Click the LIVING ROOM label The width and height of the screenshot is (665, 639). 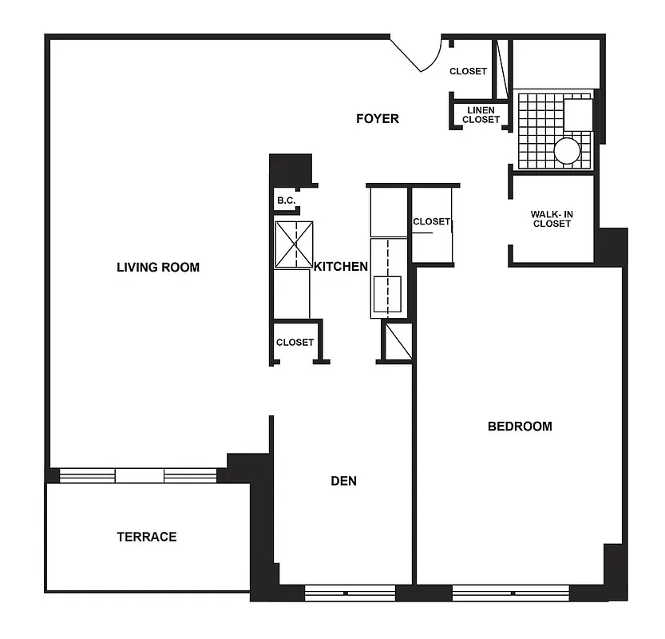[158, 267]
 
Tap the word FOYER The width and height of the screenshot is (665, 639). [377, 119]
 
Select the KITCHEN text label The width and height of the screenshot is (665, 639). [341, 267]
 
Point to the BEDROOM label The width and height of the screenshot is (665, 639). [520, 426]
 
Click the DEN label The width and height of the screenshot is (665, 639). [343, 481]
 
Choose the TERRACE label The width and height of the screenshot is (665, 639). [147, 537]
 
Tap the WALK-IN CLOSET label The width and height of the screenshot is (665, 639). [552, 219]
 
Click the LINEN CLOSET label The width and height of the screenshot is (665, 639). [481, 115]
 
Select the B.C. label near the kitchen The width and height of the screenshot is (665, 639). [286, 200]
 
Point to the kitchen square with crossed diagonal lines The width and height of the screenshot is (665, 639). [293, 244]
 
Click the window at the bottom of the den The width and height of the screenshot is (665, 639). [350, 593]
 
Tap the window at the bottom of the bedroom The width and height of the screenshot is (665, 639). [510, 593]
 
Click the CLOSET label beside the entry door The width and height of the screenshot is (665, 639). [468, 71]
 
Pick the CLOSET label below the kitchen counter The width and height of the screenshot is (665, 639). [295, 342]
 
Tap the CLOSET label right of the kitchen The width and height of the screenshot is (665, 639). [431, 221]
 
